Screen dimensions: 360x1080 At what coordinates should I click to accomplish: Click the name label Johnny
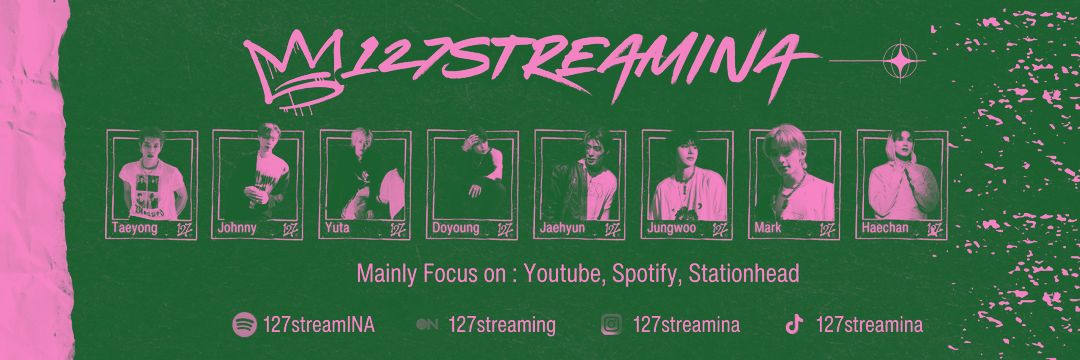[236, 228]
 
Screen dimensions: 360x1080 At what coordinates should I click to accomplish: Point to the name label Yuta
[337, 228]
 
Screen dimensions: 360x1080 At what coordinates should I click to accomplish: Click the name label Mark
[768, 228]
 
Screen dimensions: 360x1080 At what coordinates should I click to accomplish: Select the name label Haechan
[885, 228]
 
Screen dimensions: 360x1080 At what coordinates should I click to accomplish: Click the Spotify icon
[243, 324]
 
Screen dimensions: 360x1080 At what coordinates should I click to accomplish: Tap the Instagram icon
[612, 324]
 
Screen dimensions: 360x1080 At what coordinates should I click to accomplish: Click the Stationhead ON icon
[427, 324]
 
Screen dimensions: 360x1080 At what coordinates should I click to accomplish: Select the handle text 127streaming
[502, 324]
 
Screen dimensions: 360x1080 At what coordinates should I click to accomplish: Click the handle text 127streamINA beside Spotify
[318, 324]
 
